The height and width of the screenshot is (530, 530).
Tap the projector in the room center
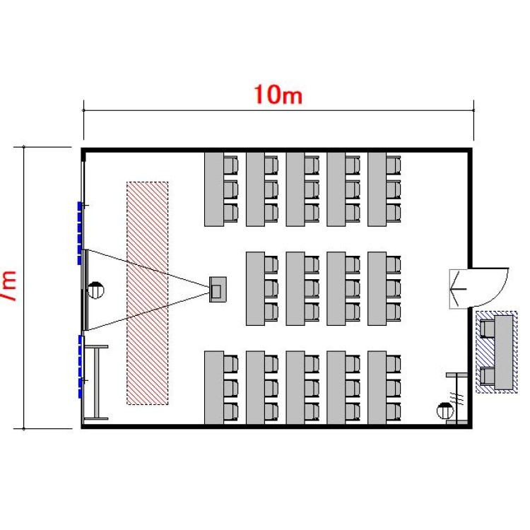[x=218, y=289]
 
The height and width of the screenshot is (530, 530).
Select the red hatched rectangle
[x=147, y=293]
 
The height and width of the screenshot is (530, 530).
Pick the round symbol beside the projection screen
[x=96, y=289]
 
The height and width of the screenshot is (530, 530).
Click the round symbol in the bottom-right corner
[x=444, y=409]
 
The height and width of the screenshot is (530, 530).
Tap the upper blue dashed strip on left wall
[x=80, y=232]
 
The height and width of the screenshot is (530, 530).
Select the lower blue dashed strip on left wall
[x=80, y=366]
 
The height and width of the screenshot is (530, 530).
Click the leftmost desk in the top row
[x=213, y=189]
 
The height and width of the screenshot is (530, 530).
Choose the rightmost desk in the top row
[x=377, y=189]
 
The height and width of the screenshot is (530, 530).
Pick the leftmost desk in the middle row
[x=254, y=288]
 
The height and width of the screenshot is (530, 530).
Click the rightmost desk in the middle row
[x=377, y=288]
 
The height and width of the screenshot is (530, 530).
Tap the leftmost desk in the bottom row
[x=213, y=387]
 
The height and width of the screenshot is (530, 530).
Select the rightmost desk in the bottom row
[x=377, y=387]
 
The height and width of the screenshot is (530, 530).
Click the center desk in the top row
[x=295, y=189]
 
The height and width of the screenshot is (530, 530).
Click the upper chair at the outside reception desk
[x=487, y=329]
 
